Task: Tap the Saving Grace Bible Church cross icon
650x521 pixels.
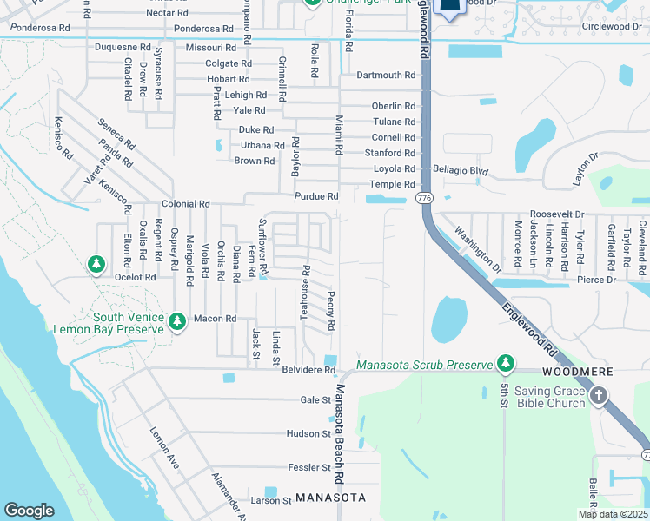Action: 598,396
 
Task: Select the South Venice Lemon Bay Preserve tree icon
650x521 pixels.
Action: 177,322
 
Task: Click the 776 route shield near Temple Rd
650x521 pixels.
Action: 424,199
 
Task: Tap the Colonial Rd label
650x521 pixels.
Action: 186,203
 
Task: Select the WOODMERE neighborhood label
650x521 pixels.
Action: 582,372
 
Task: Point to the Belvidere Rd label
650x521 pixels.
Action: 310,370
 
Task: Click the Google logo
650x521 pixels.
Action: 29,511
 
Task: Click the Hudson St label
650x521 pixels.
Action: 308,433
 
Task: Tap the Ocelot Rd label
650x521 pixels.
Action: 135,277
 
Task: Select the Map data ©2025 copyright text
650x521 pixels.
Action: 614,514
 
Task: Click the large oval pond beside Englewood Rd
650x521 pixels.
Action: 448,320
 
